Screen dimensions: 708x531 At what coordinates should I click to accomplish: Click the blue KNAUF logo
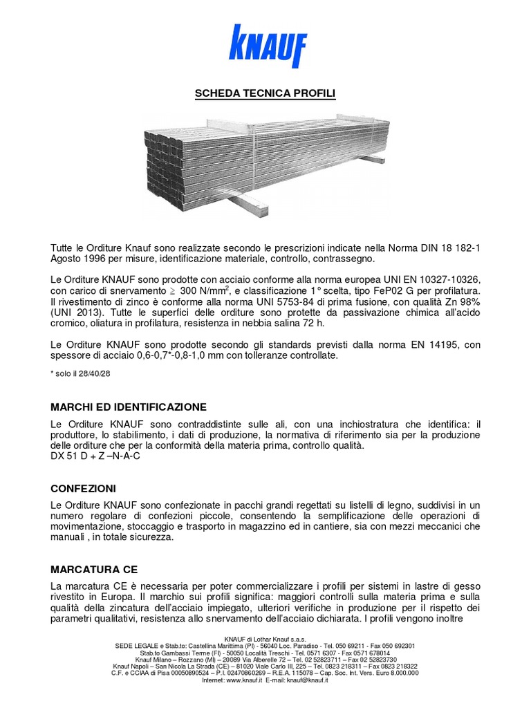265,46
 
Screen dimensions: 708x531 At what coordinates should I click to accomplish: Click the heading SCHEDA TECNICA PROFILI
265,93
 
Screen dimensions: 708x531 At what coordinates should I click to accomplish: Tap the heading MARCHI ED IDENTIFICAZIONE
128,406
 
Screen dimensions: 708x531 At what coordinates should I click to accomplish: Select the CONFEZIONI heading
83,488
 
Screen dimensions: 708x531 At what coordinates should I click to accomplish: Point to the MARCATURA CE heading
94,570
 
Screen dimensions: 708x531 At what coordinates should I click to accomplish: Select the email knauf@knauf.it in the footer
305,680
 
